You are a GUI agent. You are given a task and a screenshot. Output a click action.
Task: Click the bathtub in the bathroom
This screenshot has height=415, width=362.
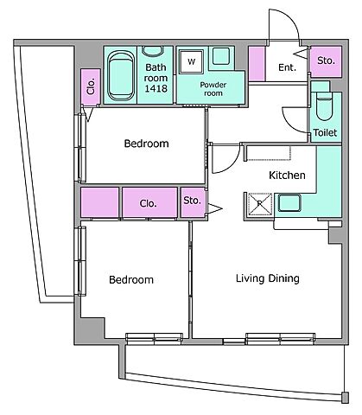(121, 76)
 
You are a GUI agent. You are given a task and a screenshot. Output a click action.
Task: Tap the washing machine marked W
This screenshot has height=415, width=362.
(191, 61)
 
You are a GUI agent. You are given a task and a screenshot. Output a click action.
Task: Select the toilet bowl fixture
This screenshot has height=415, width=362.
(324, 106)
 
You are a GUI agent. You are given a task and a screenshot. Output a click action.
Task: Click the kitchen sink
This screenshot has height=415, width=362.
(289, 203)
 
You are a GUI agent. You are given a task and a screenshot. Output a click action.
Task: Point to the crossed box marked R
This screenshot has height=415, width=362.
(260, 204)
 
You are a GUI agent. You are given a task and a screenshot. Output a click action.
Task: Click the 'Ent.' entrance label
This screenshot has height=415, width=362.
(287, 67)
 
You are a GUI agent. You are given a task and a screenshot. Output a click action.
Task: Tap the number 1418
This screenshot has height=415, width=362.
(156, 88)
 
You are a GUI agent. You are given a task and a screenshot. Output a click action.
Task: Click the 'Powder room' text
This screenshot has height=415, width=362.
(213, 89)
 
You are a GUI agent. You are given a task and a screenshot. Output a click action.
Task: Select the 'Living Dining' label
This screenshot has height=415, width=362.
(268, 278)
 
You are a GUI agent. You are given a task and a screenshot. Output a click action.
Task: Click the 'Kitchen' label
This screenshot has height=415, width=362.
(287, 175)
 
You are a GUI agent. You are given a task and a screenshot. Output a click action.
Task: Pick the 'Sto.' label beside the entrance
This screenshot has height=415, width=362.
(326, 61)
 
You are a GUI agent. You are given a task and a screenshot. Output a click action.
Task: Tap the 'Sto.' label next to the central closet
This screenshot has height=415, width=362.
(192, 201)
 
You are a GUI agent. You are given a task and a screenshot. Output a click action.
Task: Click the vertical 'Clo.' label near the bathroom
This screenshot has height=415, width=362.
(91, 86)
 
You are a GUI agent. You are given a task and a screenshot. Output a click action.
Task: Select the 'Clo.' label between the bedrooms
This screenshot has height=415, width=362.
(148, 203)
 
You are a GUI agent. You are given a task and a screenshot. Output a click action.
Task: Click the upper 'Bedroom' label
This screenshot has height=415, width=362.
(146, 144)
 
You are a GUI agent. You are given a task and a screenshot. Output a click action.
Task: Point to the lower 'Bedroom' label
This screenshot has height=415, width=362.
(131, 280)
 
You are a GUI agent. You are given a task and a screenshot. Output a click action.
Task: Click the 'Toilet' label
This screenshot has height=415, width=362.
(325, 132)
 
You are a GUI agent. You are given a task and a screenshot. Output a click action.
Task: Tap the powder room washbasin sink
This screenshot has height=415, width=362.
(221, 56)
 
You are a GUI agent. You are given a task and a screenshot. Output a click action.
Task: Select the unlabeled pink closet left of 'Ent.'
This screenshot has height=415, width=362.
(257, 64)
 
